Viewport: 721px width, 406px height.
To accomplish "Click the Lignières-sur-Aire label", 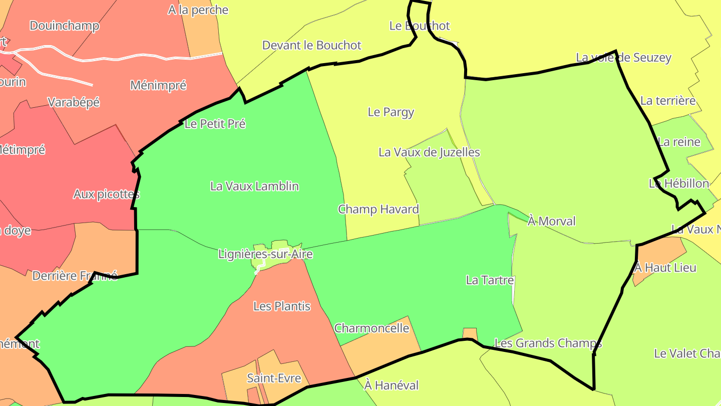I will point(265,254).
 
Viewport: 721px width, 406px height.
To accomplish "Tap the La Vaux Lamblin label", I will point(254,186).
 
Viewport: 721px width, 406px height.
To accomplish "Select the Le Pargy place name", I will point(391,112).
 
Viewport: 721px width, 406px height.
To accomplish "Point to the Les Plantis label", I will point(282,306).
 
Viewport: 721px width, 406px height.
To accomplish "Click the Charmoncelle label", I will point(372,329).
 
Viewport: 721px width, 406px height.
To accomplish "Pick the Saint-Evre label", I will point(273,378).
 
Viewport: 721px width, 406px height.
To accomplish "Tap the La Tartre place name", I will point(490,280).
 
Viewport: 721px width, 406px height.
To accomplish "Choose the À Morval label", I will point(552,222).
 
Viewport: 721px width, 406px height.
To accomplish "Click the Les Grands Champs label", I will point(548,343).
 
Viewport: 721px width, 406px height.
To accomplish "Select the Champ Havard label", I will point(378,210).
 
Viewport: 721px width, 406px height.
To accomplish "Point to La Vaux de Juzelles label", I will point(429,152).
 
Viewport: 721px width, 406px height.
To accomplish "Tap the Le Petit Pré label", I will point(215,124).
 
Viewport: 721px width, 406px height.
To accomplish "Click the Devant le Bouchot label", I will point(311,46).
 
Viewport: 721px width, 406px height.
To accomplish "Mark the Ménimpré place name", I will point(158,86).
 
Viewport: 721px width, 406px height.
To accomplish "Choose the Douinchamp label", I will point(64,26).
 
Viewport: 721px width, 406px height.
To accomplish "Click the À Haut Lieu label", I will point(665,268).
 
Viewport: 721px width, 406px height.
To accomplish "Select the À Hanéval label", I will point(391,385).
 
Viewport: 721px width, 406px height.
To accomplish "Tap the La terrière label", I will point(668,101).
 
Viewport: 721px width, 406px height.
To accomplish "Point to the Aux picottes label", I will point(106,194).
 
